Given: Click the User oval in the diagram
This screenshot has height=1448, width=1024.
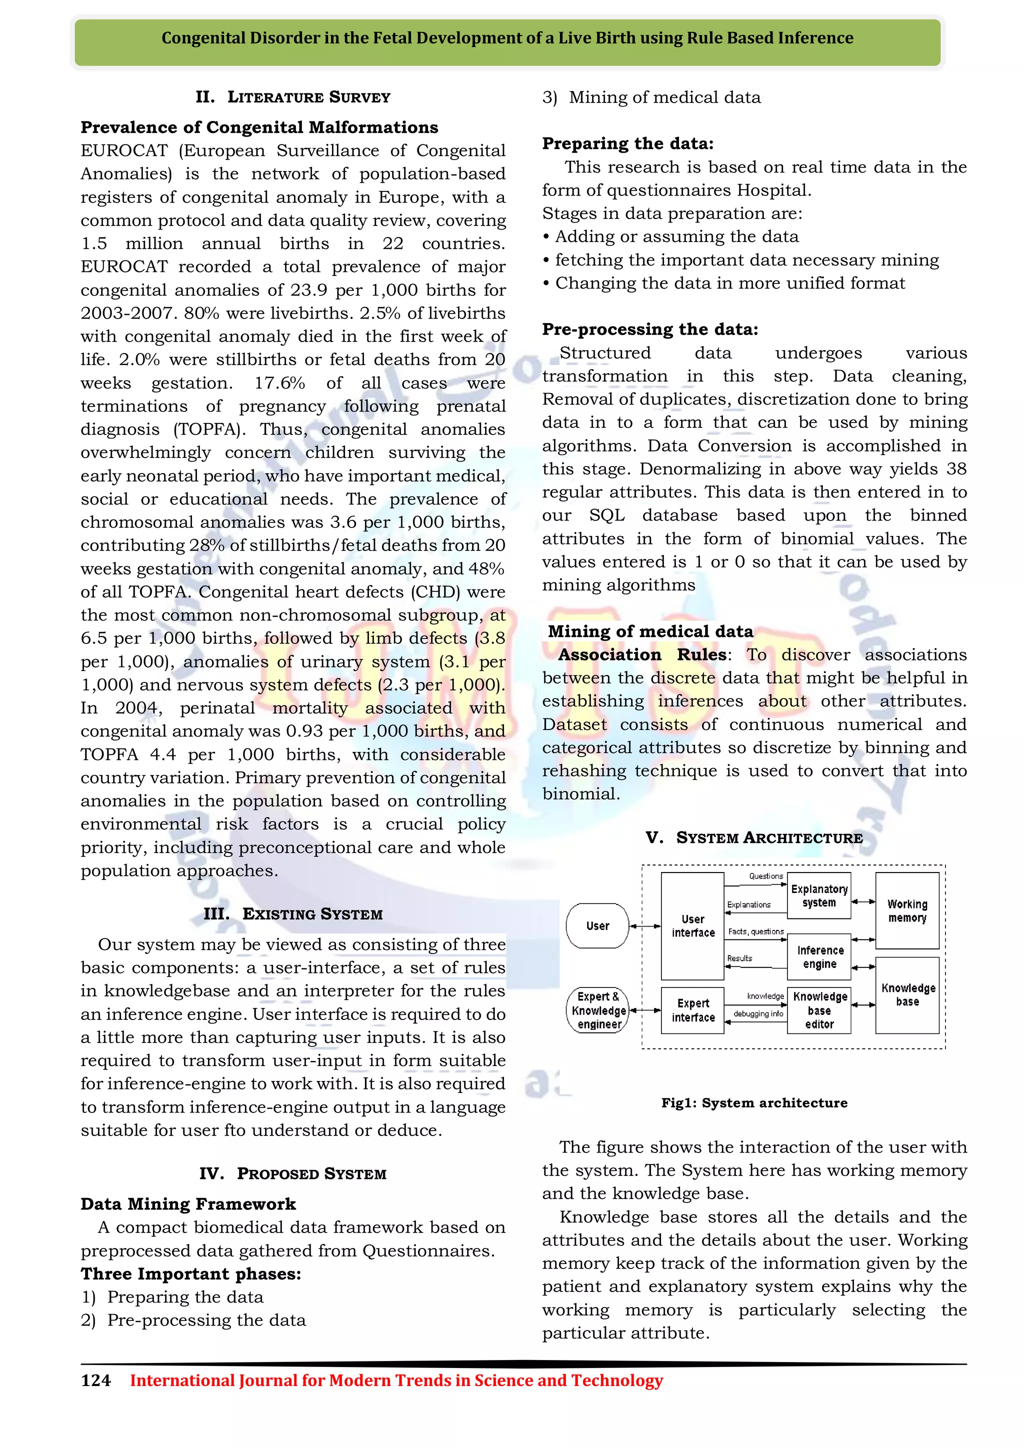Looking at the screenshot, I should (x=597, y=926).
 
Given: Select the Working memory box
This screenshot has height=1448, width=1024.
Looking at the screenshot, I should (x=906, y=910).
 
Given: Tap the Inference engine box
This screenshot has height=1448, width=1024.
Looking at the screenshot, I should (x=819, y=956).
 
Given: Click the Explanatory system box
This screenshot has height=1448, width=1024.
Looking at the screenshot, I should (x=819, y=895).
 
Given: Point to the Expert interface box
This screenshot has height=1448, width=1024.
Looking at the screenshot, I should (x=692, y=1010).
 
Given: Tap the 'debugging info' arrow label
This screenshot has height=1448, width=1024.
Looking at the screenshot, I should (x=758, y=1014).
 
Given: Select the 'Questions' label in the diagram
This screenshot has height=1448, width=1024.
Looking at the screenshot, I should (x=765, y=876).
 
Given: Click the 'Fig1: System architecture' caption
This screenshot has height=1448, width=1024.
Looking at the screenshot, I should (x=754, y=1103).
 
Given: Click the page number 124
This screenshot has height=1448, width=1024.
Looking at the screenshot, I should (x=96, y=1380).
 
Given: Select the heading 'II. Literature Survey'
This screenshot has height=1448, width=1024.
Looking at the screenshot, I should (x=292, y=97).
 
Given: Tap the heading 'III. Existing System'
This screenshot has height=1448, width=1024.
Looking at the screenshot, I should (x=292, y=914).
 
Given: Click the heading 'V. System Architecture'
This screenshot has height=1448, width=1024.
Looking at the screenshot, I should (x=754, y=837).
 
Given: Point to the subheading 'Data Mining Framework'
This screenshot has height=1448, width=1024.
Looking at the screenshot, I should (x=188, y=1204).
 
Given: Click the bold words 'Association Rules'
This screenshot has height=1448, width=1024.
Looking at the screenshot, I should (x=641, y=654).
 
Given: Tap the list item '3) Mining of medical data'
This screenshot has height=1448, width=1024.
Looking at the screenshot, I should (x=651, y=97).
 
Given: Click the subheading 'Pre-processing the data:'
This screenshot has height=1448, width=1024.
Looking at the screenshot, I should (x=650, y=329).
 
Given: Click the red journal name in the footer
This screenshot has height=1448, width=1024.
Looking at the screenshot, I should (x=396, y=1380).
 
